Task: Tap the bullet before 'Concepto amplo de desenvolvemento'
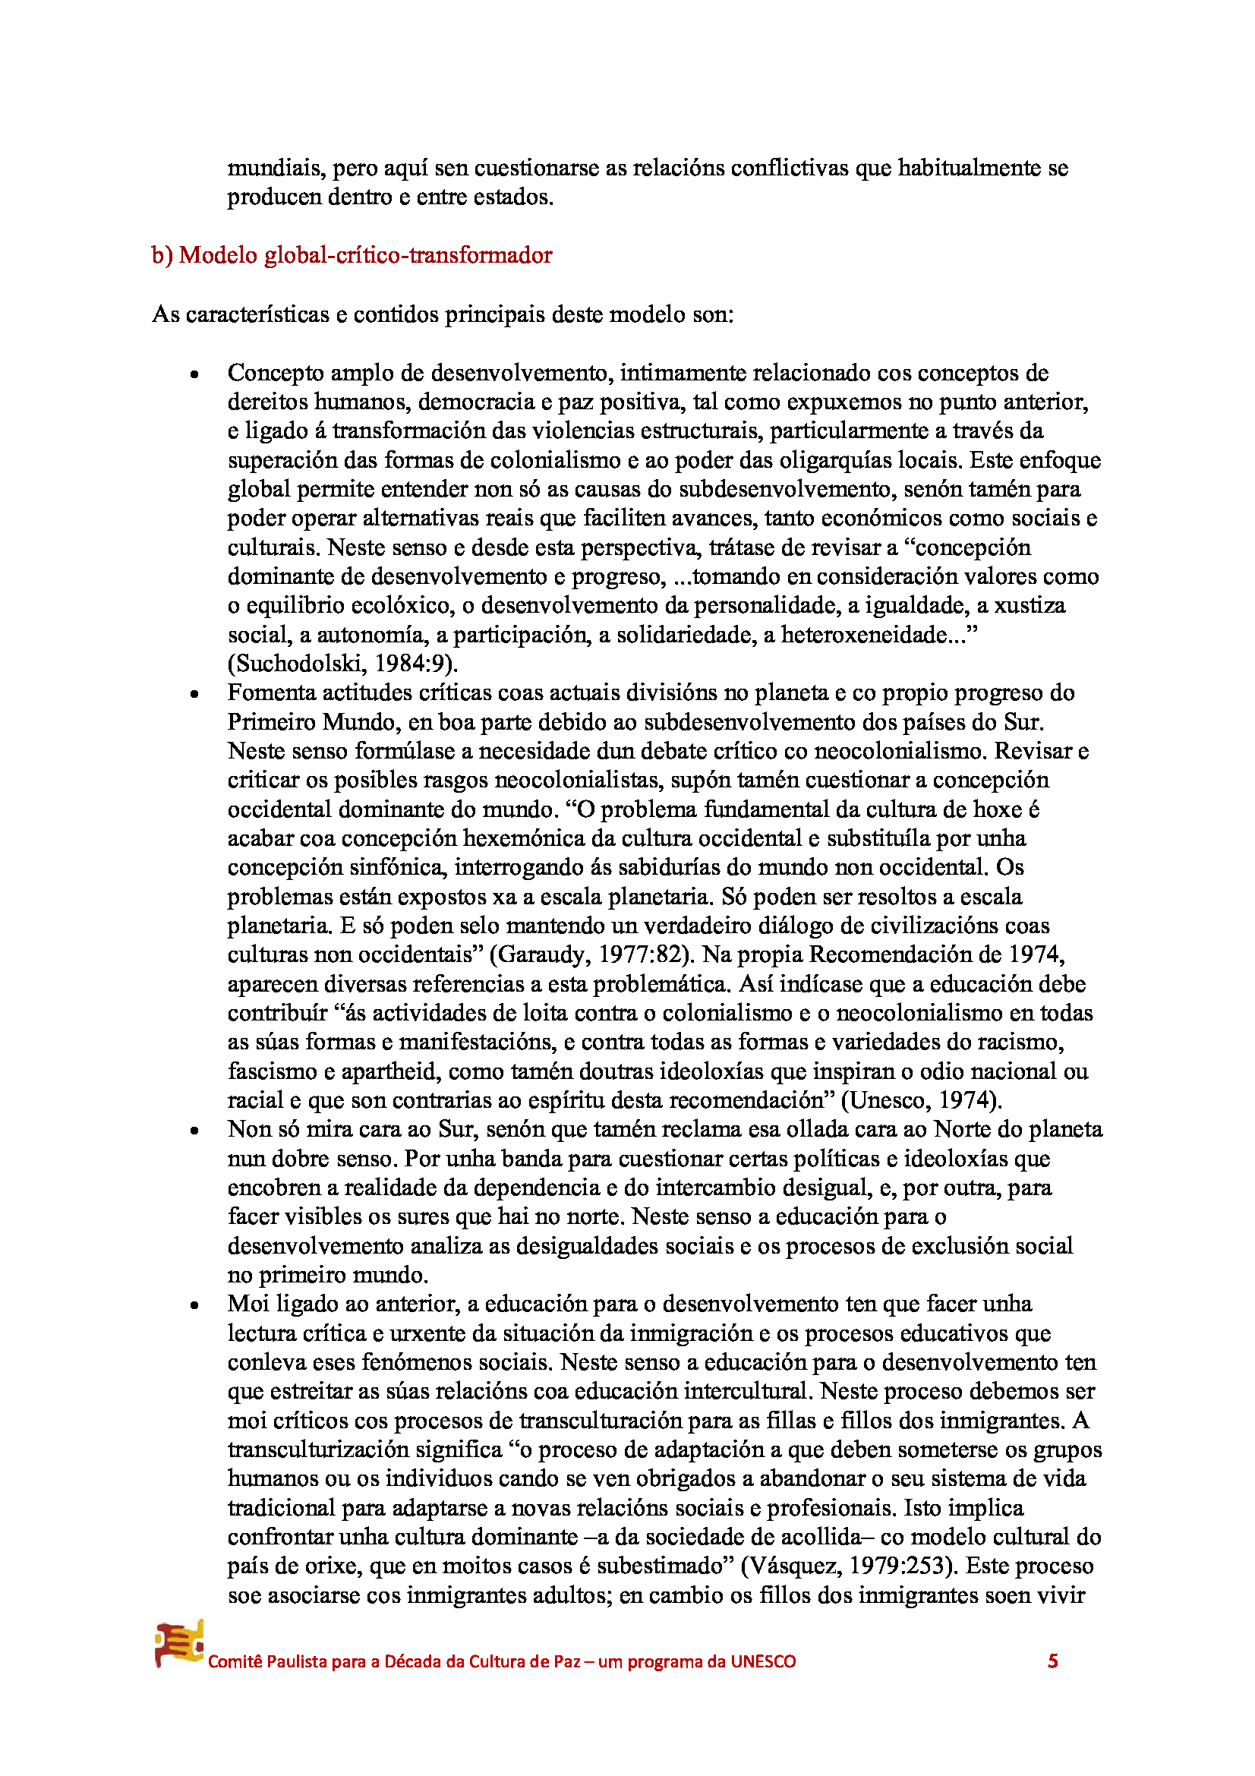click(x=194, y=374)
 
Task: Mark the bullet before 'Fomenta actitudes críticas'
click(x=194, y=694)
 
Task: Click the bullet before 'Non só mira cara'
click(x=194, y=1131)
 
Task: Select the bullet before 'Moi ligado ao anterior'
click(x=194, y=1306)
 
